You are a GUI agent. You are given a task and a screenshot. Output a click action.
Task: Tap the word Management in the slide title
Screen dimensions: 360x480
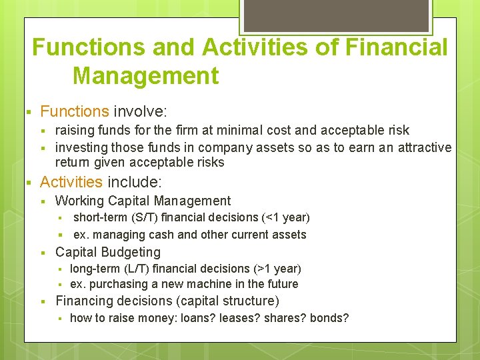pos(145,75)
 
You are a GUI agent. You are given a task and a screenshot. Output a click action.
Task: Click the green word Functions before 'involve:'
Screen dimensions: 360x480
pos(74,111)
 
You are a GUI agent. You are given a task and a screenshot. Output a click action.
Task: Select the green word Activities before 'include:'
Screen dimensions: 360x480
pos(71,182)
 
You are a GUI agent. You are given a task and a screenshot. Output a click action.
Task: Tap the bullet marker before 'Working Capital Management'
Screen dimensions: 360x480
pos(42,201)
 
